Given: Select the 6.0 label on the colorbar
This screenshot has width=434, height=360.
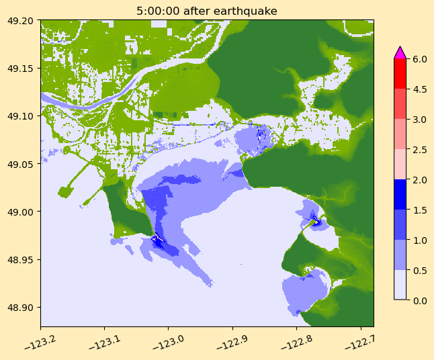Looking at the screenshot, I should pyautogui.click(x=420, y=59).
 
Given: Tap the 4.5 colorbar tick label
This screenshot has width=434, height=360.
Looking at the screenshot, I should pyautogui.click(x=420, y=89).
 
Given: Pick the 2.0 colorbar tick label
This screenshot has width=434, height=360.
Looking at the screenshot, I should pyautogui.click(x=420, y=179).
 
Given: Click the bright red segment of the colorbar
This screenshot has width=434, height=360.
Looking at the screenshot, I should pyautogui.click(x=400, y=74).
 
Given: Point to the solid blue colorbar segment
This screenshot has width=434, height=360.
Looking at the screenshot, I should pyautogui.click(x=400, y=194).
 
